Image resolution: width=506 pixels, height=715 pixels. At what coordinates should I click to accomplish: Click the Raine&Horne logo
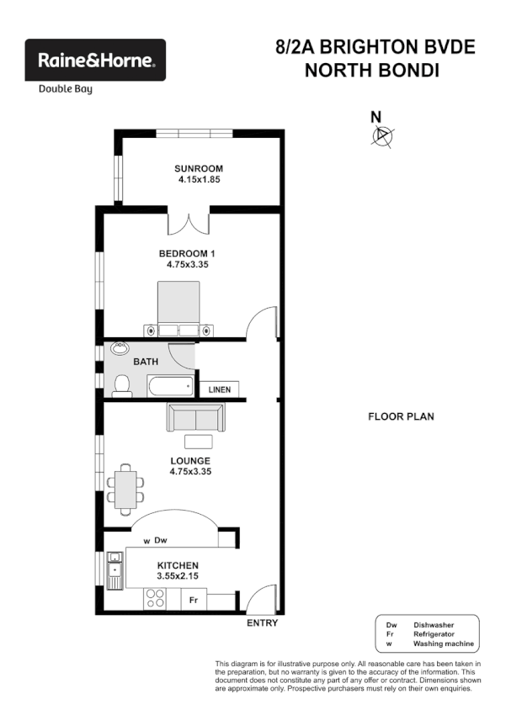click(95, 60)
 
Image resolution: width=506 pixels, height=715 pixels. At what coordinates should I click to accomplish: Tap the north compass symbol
click(383, 134)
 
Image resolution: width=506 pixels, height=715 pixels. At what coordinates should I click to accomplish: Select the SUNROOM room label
click(200, 168)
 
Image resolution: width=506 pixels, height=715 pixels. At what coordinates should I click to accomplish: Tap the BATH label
click(146, 362)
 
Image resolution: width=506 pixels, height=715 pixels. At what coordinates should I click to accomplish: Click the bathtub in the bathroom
click(168, 387)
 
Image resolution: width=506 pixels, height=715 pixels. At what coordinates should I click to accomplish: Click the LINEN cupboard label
click(220, 390)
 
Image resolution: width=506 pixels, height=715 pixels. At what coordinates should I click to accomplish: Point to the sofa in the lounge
click(195, 417)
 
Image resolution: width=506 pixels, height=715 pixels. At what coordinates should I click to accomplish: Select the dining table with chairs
click(125, 488)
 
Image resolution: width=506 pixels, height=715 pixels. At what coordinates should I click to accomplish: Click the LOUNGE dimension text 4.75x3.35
click(189, 472)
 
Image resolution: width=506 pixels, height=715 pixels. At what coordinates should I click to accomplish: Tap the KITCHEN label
click(177, 565)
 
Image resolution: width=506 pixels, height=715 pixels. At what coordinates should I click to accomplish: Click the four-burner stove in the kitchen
click(155, 598)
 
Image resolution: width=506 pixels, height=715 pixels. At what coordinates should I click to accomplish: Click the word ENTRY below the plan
click(263, 623)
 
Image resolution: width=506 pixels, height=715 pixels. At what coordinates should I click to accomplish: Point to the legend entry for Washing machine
click(443, 644)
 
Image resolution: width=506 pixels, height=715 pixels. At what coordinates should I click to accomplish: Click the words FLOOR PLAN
click(401, 416)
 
